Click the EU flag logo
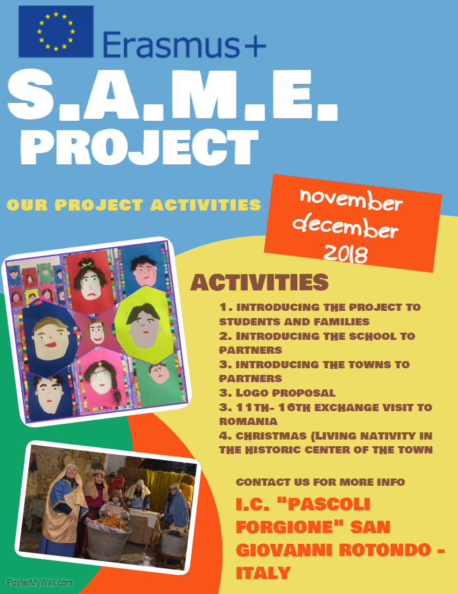point(56,32)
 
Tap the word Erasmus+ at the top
point(185,45)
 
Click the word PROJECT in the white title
point(140,147)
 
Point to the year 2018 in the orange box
point(346,253)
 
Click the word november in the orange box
point(351,199)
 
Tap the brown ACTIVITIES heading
point(260,282)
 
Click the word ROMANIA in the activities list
point(248,421)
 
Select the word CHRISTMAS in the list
point(271,436)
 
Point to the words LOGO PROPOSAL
point(285,393)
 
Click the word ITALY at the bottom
point(263,572)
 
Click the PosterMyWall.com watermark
point(40,582)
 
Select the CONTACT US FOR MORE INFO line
point(320,482)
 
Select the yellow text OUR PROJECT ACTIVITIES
point(134,205)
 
